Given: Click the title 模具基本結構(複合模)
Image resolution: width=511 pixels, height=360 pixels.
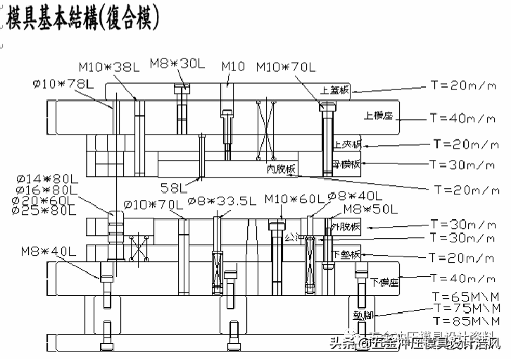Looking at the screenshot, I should (83, 16).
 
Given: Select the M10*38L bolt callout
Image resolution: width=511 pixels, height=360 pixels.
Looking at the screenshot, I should (108, 68).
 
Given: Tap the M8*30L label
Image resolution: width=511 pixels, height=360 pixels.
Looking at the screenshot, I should (177, 63).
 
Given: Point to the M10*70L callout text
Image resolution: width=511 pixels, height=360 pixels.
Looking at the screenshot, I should (284, 67).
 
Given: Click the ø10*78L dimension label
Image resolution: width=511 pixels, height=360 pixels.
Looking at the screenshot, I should (63, 84).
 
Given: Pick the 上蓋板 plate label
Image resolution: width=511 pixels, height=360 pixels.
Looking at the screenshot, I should (334, 90).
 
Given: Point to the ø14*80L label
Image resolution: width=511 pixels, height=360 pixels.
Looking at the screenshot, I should (44, 179).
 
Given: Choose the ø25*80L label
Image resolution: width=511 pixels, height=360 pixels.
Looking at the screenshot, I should (44, 211).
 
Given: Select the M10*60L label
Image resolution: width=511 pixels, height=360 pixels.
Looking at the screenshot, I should (293, 199).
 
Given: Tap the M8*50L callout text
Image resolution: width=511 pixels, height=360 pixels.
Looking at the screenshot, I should (369, 209).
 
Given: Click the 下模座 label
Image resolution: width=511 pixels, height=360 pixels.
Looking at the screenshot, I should (384, 283).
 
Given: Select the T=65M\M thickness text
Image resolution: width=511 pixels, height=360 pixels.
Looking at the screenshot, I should (466, 297).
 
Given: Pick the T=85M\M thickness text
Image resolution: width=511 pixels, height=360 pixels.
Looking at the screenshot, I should (466, 320).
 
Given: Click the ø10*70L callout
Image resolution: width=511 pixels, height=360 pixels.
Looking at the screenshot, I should (153, 204).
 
